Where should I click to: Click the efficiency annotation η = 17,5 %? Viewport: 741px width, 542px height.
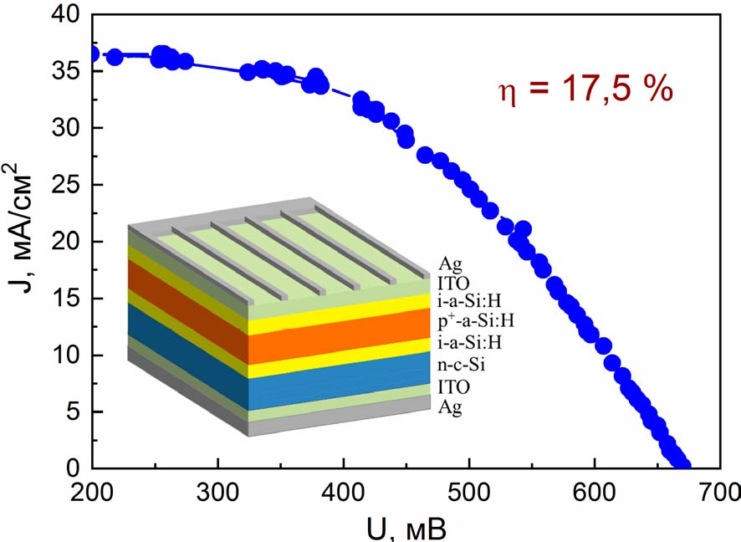(x=585, y=89)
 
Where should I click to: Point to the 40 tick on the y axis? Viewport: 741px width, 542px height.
(x=66, y=15)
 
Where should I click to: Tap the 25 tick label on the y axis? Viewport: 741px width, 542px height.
(x=66, y=185)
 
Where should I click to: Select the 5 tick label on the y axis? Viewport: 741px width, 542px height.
(x=74, y=412)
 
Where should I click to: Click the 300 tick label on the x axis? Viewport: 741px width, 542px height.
(x=217, y=493)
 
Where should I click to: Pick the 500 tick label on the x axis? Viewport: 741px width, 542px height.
(x=469, y=493)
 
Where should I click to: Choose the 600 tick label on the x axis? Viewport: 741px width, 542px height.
(x=595, y=493)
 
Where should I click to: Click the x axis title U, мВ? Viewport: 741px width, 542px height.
(x=406, y=529)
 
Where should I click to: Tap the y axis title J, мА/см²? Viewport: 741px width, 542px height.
(x=20, y=228)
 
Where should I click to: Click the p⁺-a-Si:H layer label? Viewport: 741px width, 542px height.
(x=476, y=321)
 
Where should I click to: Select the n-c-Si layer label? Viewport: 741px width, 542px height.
(x=461, y=365)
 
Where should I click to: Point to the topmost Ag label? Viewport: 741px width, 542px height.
(x=449, y=264)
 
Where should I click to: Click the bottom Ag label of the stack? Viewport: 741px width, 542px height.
(x=449, y=406)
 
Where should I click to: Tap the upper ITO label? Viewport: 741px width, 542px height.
(x=453, y=283)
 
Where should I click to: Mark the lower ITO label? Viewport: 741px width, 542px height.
(x=453, y=386)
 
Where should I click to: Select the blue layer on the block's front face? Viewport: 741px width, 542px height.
(x=339, y=381)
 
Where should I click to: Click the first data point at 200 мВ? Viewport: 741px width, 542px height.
(x=93, y=54)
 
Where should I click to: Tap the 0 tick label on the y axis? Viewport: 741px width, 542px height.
(x=74, y=468)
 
